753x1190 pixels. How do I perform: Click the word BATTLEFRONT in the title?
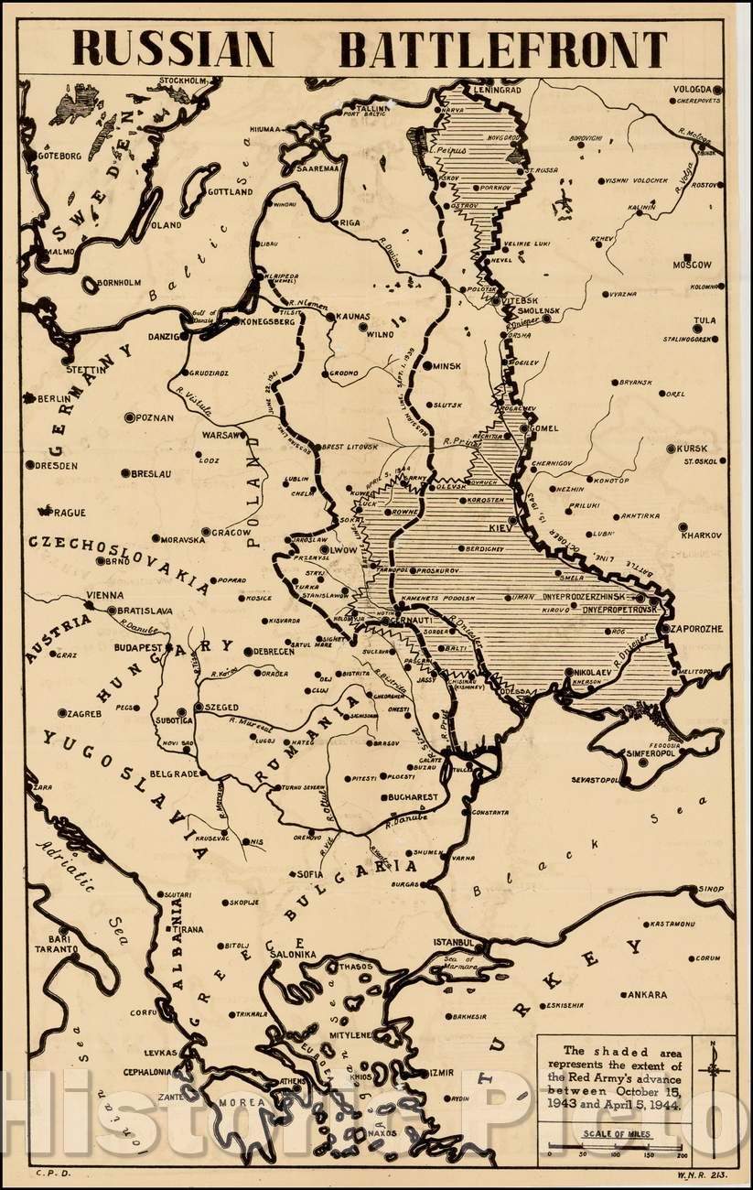(504, 49)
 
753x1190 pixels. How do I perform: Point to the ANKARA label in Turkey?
(646, 994)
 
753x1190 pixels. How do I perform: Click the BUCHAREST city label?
(413, 797)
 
